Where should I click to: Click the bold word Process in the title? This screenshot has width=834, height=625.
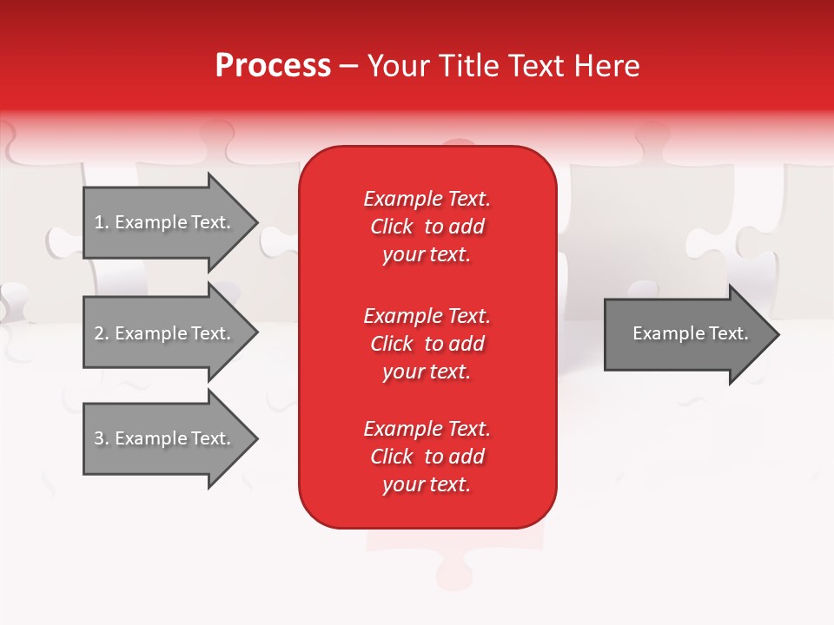click(273, 66)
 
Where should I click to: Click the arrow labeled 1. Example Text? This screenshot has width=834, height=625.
click(162, 222)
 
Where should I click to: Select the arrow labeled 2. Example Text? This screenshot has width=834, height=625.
click(162, 333)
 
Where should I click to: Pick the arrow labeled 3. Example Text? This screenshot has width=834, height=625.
click(162, 438)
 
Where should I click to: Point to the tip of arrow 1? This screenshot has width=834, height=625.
click(255, 222)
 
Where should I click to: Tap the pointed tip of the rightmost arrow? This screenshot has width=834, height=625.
click(777, 334)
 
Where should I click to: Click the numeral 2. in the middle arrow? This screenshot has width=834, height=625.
click(102, 333)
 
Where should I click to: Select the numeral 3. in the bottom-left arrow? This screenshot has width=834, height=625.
click(102, 438)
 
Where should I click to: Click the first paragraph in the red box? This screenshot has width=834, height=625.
click(427, 227)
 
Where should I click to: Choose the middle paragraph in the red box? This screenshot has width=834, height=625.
click(427, 344)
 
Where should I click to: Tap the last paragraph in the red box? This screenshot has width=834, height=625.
click(427, 457)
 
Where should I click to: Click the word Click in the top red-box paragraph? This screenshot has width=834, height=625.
click(392, 227)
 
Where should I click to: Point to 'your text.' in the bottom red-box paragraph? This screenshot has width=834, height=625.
click(427, 484)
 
